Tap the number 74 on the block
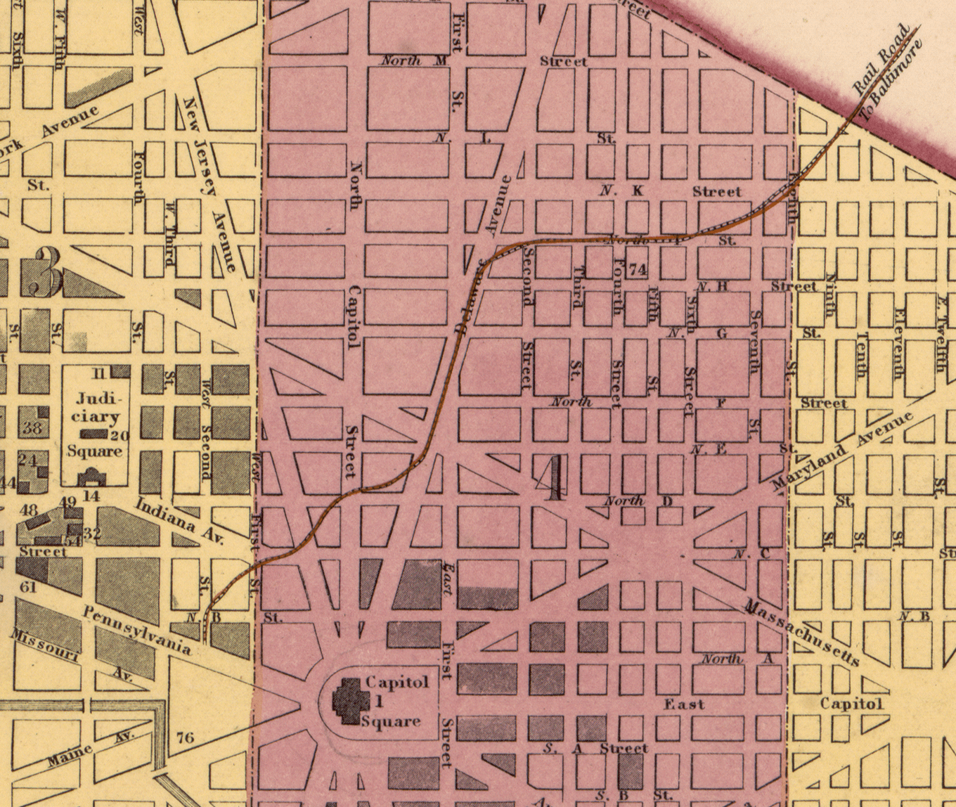pyautogui.click(x=638, y=269)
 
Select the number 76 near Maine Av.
pyautogui.click(x=185, y=737)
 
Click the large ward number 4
pyautogui.click(x=555, y=478)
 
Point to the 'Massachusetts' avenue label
pyautogui.click(x=801, y=633)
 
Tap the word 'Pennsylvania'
pyautogui.click(x=136, y=630)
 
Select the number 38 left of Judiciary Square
pyautogui.click(x=32, y=427)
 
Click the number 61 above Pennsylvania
pyautogui.click(x=28, y=586)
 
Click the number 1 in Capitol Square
pyautogui.click(x=378, y=701)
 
